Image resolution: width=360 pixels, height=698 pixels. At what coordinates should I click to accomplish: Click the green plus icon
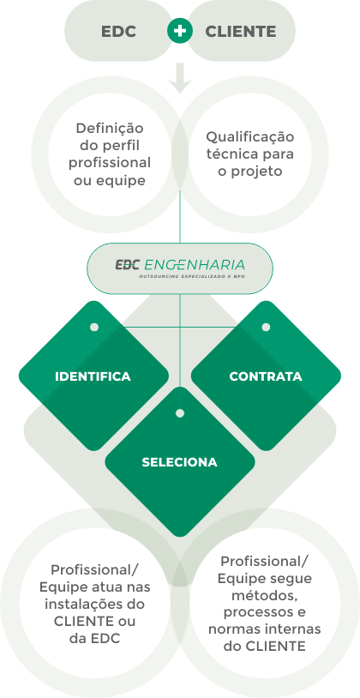(180, 31)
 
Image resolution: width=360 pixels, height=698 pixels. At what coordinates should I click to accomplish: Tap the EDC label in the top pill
(119, 32)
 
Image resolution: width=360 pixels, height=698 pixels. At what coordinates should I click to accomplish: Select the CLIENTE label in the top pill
(240, 32)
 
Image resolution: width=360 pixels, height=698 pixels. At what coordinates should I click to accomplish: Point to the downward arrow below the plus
(180, 78)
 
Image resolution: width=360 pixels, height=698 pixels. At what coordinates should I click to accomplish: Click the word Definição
(110, 129)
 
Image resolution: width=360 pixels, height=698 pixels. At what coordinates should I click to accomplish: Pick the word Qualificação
(249, 137)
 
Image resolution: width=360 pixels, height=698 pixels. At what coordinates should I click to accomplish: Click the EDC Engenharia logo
(180, 265)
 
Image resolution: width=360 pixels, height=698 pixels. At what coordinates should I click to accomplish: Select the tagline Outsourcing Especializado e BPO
(192, 276)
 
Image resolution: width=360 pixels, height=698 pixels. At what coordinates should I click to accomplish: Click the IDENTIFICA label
(93, 376)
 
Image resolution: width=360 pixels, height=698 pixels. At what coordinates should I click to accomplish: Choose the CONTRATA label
(266, 376)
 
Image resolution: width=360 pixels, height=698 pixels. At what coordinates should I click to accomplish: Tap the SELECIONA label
(180, 462)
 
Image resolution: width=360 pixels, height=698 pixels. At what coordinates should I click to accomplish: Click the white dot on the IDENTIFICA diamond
(94, 328)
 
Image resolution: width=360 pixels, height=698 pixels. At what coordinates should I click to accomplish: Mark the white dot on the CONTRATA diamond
(266, 328)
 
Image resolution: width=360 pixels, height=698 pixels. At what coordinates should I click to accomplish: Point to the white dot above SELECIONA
(180, 413)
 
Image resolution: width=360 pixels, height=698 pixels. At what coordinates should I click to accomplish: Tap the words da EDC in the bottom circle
(94, 638)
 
